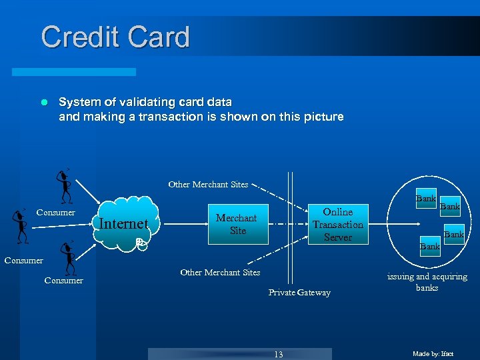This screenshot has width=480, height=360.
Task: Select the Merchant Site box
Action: point(237,224)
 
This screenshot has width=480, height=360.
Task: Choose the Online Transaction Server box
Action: point(337,224)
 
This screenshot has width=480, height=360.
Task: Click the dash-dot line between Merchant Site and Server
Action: point(287,224)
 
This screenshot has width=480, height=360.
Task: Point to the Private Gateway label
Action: point(299,293)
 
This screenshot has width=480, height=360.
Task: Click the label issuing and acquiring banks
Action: point(427,282)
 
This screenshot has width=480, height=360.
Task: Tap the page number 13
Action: point(279,354)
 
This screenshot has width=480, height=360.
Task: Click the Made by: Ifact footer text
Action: point(433,354)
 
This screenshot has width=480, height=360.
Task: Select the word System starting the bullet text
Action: point(78,103)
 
